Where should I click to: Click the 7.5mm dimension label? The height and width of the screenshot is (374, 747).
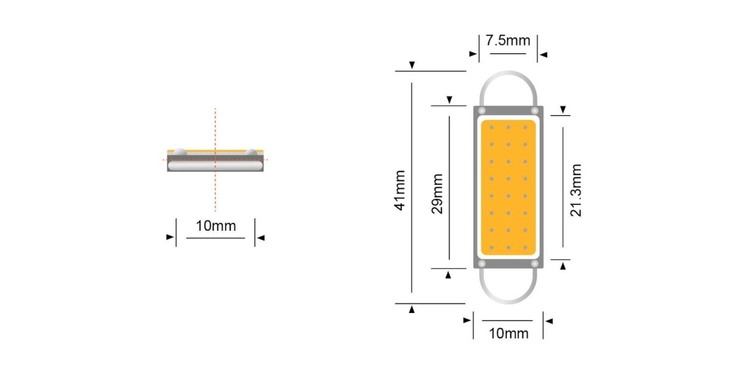coord(508,41)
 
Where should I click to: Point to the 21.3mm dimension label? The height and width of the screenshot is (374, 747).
coord(576,190)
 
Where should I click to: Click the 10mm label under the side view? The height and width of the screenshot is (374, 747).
coord(216,226)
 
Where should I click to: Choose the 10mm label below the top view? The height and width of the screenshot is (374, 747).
coord(508,333)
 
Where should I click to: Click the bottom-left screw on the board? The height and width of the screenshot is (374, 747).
coord(482,264)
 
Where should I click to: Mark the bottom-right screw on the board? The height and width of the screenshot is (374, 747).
coord(534,264)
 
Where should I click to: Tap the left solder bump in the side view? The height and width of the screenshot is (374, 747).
coord(179,151)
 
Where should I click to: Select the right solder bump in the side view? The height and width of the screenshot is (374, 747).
coord(251,151)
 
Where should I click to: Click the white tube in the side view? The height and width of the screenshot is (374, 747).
coord(215,166)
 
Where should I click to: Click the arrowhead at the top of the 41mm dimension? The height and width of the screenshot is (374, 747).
coord(411,66)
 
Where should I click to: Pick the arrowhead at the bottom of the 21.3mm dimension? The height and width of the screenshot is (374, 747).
coord(563,266)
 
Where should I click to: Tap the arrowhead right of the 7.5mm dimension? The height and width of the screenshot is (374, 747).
coord(543,55)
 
